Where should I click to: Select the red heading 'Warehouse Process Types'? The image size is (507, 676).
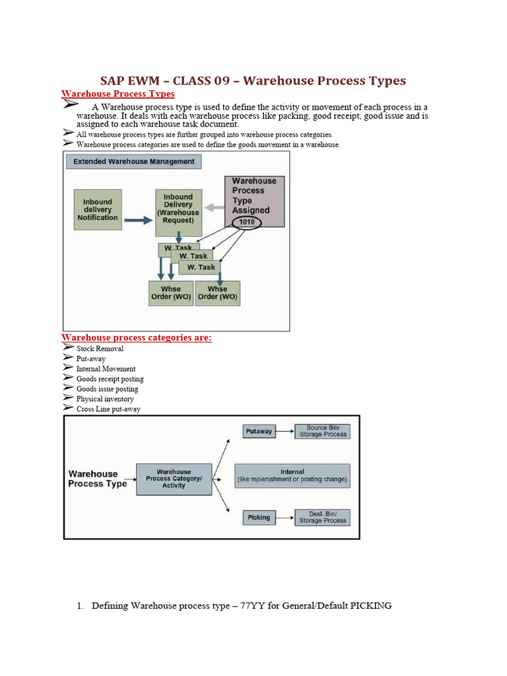(x=118, y=94)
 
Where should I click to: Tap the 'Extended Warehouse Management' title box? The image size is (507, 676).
(x=133, y=161)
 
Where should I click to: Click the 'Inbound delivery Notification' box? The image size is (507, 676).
(x=98, y=210)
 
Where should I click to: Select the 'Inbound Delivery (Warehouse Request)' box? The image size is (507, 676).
(x=178, y=209)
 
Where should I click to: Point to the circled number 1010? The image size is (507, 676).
(x=246, y=223)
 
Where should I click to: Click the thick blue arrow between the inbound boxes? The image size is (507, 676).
(x=138, y=220)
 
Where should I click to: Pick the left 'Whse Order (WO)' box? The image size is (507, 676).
(x=171, y=293)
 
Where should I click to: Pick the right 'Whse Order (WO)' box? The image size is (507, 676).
(x=217, y=293)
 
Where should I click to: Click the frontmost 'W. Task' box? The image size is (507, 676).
(x=201, y=267)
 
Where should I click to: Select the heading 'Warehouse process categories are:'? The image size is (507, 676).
(x=137, y=338)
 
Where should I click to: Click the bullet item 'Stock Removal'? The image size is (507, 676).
(x=100, y=349)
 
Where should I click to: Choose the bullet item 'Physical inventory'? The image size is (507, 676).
(x=105, y=399)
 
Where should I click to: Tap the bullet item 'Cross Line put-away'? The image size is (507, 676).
(x=108, y=409)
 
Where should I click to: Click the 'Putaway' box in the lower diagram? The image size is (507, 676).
(x=259, y=431)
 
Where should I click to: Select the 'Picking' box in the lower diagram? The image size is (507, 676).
(x=259, y=518)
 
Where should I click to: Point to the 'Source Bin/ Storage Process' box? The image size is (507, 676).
(x=322, y=431)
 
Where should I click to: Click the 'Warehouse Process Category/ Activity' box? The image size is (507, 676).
(x=174, y=479)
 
